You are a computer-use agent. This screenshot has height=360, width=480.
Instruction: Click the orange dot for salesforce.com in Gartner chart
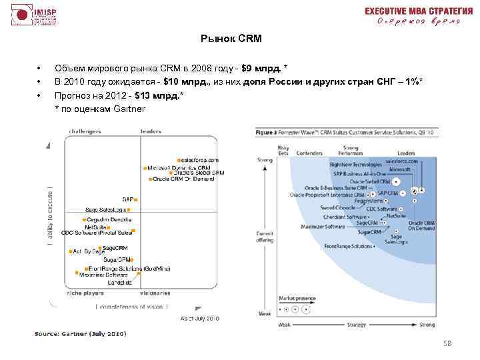click(x=179, y=160)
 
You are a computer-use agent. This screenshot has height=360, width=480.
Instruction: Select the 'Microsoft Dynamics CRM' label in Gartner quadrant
click(x=179, y=167)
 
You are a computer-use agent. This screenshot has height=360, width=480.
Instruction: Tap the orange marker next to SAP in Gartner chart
click(x=136, y=199)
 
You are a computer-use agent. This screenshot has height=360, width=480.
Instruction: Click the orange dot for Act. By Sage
click(x=71, y=252)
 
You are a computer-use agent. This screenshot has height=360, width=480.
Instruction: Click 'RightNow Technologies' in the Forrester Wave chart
click(x=355, y=164)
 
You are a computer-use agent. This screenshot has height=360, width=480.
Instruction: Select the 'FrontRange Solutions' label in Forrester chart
click(x=349, y=246)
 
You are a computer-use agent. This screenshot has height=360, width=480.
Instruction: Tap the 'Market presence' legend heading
click(x=295, y=297)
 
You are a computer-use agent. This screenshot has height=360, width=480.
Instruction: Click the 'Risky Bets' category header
click(x=283, y=149)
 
